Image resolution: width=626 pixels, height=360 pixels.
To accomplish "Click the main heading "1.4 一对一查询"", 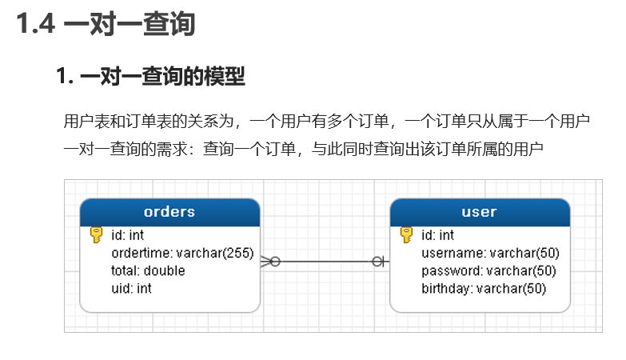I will click(106, 25).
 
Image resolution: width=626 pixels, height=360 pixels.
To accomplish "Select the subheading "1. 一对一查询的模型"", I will click(150, 78).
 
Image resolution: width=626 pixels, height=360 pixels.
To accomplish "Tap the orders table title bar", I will click(169, 212).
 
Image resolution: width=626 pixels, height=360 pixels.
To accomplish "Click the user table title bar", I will click(479, 212).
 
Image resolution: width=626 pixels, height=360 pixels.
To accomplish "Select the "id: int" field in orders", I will click(127, 235).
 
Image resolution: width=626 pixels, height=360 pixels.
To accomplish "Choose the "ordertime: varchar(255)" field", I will click(181, 253).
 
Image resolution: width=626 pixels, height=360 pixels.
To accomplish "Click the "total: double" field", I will click(148, 270).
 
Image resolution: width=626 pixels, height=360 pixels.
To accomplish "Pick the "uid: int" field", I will click(131, 288).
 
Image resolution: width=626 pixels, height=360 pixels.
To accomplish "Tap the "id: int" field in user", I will click(437, 235).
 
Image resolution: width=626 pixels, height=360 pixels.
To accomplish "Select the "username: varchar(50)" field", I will click(490, 253).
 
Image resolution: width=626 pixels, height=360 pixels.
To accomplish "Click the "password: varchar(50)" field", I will click(488, 270).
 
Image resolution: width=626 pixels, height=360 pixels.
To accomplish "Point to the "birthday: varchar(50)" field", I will click(484, 288).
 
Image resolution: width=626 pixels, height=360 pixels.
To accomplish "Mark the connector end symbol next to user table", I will click(378, 261).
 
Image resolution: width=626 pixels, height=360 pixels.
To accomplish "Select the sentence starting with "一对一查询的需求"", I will click(303, 148).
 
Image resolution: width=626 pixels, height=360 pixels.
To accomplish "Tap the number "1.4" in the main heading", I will click(36, 25).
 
